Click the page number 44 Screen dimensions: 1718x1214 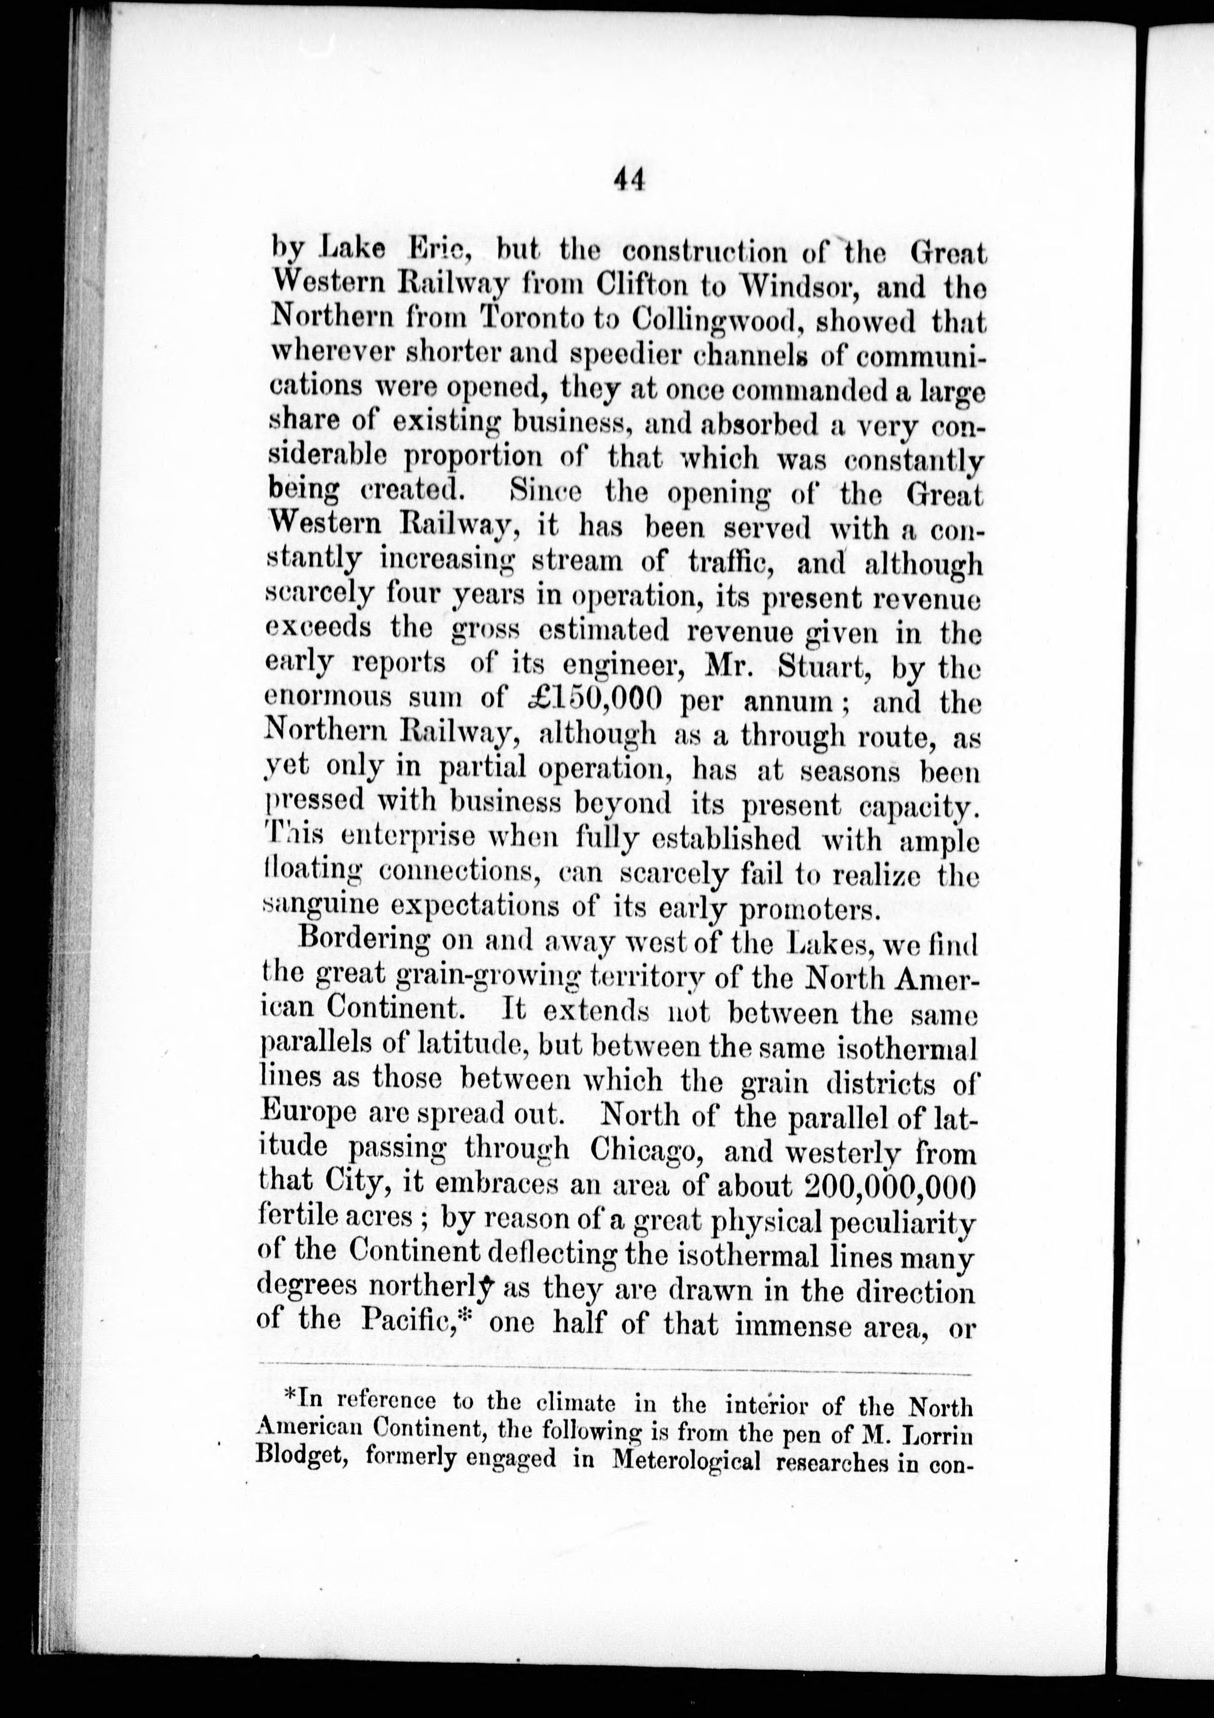point(628,180)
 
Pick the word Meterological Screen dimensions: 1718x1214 point(685,1461)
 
